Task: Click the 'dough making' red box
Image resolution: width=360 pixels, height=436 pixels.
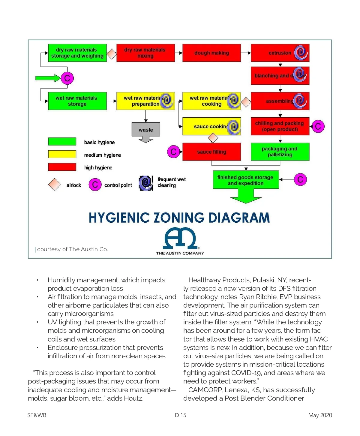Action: click(x=211, y=53)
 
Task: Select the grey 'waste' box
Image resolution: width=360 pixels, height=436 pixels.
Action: click(x=145, y=130)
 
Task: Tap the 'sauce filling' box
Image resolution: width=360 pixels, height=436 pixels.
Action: click(x=211, y=152)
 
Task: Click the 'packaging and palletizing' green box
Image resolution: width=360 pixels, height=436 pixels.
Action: click(x=280, y=152)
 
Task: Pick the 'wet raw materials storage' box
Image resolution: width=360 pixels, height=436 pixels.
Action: click(x=77, y=101)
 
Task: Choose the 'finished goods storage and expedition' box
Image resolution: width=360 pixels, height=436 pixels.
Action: click(x=246, y=180)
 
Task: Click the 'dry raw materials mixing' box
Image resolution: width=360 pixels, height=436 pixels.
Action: click(x=145, y=53)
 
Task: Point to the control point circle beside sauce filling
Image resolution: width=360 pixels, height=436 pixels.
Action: click(x=173, y=152)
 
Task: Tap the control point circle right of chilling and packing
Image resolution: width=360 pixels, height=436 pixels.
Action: click(x=318, y=126)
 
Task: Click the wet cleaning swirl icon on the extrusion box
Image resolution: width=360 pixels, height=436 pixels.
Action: click(x=301, y=53)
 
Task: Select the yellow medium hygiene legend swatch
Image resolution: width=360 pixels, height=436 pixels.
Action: click(x=62, y=154)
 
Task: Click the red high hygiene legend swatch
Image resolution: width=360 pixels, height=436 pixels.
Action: click(x=62, y=167)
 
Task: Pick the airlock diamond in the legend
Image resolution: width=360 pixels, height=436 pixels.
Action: click(x=55, y=185)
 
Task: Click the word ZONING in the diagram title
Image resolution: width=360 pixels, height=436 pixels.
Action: click(x=179, y=218)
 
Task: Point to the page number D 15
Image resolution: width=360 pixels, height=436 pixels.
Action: click(x=181, y=415)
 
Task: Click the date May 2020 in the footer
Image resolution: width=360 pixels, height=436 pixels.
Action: click(x=320, y=415)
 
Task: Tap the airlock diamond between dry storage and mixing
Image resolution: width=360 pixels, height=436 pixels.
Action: click(x=112, y=54)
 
